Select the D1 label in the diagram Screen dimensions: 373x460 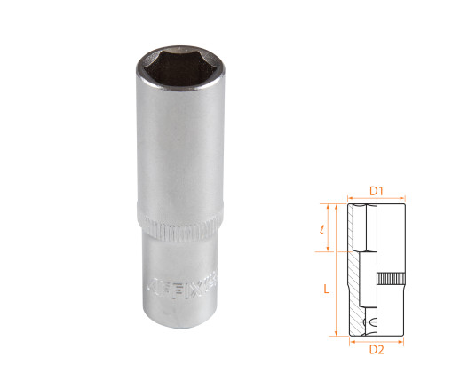(x=376, y=189)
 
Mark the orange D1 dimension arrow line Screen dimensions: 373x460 (x=376, y=197)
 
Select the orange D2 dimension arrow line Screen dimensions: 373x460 (x=376, y=337)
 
